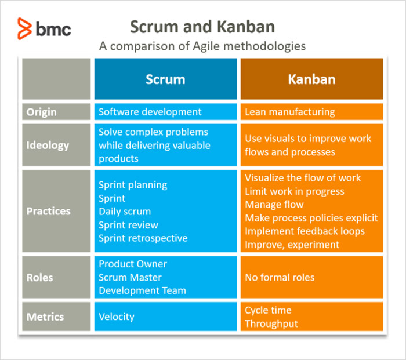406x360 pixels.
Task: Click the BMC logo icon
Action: coord(24,28)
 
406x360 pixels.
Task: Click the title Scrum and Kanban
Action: coord(202,27)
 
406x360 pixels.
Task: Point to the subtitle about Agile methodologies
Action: coord(202,46)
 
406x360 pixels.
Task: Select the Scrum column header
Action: coord(165,79)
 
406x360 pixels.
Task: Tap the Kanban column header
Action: coord(312,79)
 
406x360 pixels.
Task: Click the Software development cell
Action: coord(165,112)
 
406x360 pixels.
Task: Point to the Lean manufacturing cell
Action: coord(312,112)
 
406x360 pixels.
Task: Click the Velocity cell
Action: coord(165,317)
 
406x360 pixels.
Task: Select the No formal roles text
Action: coord(280,278)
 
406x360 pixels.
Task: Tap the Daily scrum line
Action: coord(125,212)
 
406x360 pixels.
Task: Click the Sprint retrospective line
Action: coord(143,238)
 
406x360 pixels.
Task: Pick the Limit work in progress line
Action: coord(295,191)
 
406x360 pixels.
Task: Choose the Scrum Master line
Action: coord(130,278)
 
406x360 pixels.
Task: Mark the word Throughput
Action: coord(271,323)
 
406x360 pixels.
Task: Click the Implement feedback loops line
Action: coord(304,231)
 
